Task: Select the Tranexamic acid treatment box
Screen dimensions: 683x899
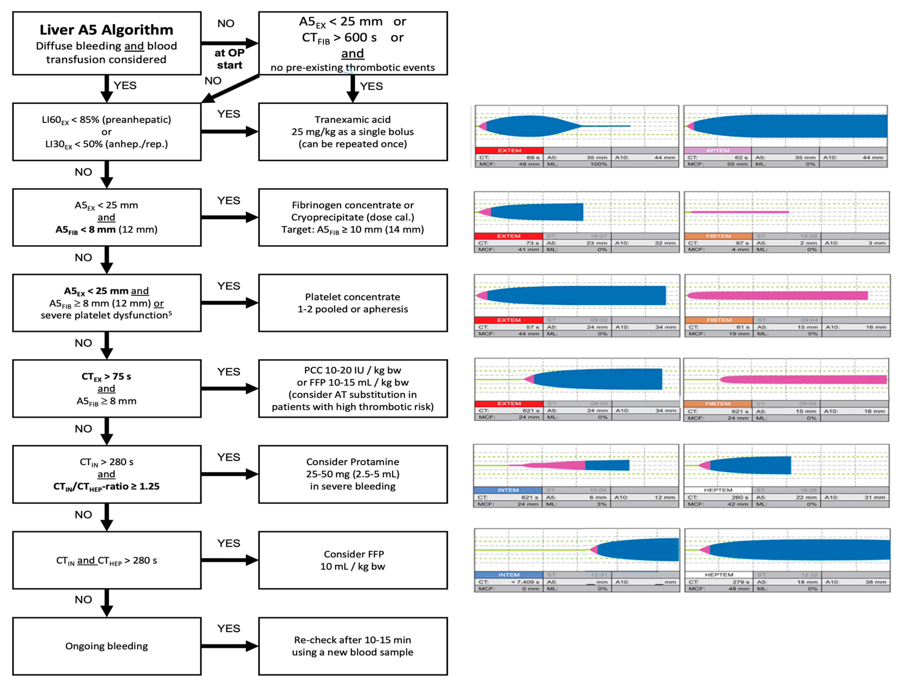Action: click(x=353, y=132)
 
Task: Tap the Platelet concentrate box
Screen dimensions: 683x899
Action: click(x=353, y=303)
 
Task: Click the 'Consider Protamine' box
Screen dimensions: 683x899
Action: click(x=353, y=474)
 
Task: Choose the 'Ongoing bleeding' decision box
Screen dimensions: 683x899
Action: click(x=106, y=646)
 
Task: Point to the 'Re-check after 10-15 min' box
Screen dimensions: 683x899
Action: click(x=353, y=646)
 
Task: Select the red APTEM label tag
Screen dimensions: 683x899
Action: click(x=717, y=150)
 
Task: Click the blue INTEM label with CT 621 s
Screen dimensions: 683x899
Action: click(x=508, y=490)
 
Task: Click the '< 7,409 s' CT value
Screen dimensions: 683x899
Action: click(x=525, y=582)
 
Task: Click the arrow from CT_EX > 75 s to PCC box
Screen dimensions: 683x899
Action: click(x=230, y=389)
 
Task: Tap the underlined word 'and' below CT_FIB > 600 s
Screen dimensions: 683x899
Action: click(x=352, y=54)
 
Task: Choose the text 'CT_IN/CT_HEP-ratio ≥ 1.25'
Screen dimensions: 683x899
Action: click(x=106, y=487)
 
